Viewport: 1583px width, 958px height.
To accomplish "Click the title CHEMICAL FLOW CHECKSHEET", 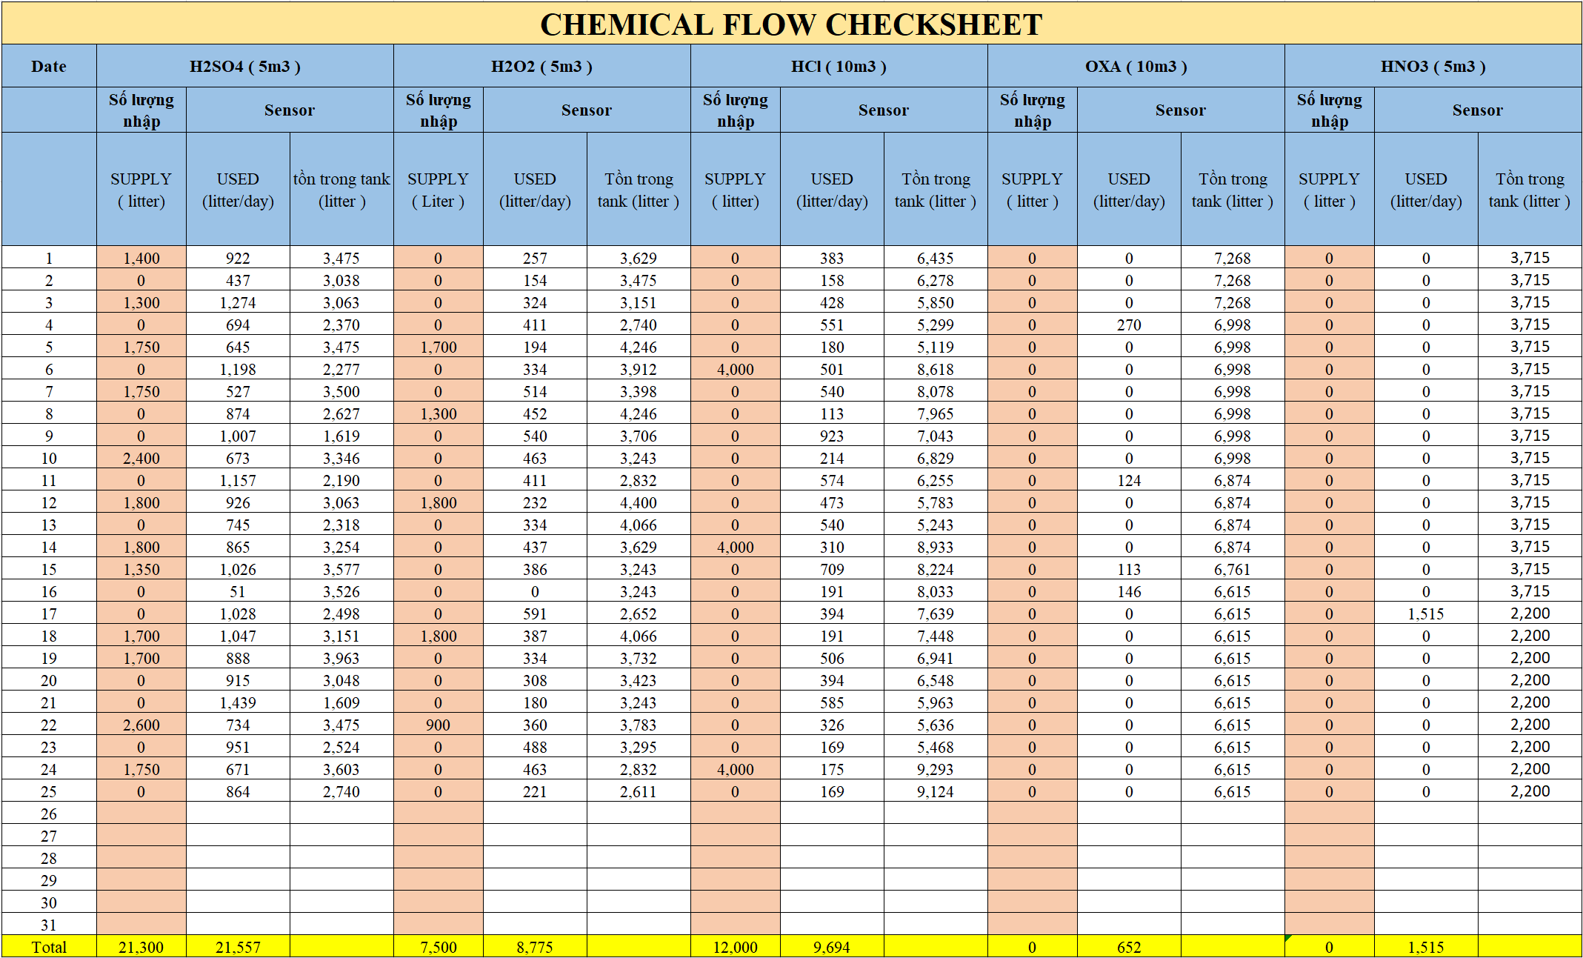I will point(791,24).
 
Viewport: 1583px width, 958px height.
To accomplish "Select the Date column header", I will point(49,67).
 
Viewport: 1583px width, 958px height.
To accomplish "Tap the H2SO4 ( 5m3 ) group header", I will point(244,67).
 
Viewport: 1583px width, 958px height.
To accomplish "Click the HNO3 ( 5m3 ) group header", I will point(1433,67).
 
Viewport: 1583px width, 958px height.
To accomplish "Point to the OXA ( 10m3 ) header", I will point(1136,67).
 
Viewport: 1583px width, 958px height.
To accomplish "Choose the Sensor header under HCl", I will point(883,110).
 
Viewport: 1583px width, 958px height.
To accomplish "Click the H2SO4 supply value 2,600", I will point(141,725).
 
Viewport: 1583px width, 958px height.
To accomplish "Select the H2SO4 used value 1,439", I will point(238,703).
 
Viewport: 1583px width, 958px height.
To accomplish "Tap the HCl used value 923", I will point(832,436).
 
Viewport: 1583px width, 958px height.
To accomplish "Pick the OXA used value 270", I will point(1129,325).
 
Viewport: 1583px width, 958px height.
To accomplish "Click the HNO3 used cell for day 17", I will point(1426,614).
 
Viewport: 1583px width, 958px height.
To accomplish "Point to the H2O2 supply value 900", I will point(438,725).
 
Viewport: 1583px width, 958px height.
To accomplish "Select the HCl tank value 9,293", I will point(936,770).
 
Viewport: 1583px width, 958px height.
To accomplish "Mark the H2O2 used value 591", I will point(535,614).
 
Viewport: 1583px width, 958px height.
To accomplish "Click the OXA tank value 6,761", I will point(1233,570).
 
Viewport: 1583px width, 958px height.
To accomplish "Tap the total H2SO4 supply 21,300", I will point(141,947).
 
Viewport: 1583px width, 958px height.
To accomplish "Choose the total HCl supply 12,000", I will point(735,947).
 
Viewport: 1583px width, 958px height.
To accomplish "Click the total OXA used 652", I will point(1129,947).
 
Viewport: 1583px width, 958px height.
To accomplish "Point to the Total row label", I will point(49,947).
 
